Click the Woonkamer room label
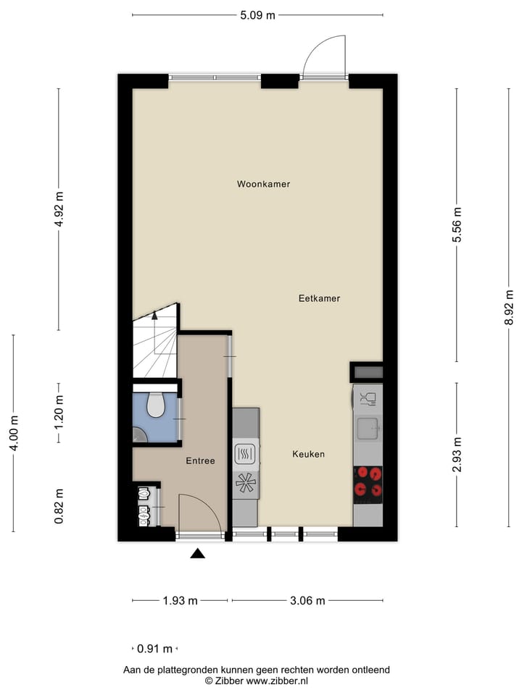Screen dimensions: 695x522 [x=263, y=185]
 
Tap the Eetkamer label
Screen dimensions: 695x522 [x=319, y=298]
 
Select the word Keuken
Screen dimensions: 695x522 [x=308, y=455]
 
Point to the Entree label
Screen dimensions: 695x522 [x=200, y=460]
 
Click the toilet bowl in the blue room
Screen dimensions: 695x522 [x=156, y=405]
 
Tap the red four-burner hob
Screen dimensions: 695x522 [x=368, y=483]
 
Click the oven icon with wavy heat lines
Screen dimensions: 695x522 [x=245, y=454]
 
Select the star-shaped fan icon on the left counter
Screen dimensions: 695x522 [x=245, y=483]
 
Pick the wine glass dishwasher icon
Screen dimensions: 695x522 [x=368, y=398]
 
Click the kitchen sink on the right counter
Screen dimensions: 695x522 [x=368, y=429]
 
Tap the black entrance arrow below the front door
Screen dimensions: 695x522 [x=198, y=554]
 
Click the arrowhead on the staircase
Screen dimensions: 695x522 [x=154, y=315]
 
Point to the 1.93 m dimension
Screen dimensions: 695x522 [x=179, y=600]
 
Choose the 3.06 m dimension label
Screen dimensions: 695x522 [x=307, y=600]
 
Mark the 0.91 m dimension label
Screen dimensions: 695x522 [x=154, y=649]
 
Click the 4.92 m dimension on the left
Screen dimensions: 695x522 [x=59, y=209]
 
